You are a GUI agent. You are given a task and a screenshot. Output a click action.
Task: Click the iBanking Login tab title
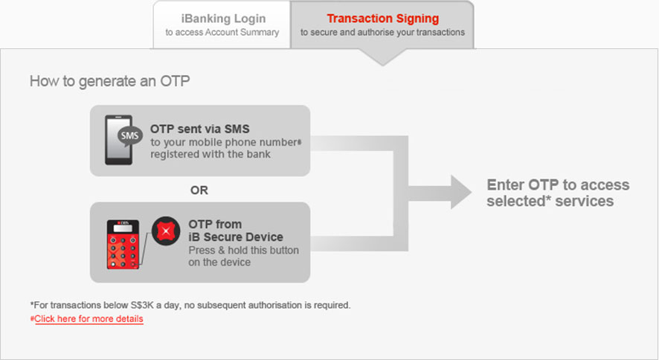coord(223,19)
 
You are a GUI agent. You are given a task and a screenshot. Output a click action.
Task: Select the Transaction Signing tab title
coord(383,19)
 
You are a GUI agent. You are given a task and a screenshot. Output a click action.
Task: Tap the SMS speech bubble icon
coord(129,136)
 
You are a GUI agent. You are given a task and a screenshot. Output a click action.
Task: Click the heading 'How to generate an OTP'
coord(109,81)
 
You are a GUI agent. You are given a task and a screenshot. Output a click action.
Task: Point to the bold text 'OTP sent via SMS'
coord(199,129)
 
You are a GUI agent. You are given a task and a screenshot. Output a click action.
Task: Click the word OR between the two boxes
coord(199,190)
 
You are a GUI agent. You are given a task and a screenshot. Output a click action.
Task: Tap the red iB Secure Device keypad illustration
coord(123,245)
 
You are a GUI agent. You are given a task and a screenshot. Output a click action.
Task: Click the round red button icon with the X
coord(166,231)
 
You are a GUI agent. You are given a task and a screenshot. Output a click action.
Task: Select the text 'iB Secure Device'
coord(236,237)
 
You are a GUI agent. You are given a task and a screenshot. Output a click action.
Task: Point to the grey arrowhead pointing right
coord(460,192)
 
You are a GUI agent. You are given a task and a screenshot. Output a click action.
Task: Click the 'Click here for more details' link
coord(89,319)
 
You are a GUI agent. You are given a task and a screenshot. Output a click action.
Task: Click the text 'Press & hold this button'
coord(244,251)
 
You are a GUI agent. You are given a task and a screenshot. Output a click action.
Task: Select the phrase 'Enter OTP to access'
coord(558,184)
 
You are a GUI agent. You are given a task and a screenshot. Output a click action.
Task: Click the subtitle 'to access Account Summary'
coord(222,32)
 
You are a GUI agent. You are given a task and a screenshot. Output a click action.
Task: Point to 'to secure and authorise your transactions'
coord(382,32)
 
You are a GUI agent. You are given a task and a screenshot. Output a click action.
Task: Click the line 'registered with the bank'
coord(210,155)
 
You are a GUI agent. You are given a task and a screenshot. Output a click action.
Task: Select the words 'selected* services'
coord(550,202)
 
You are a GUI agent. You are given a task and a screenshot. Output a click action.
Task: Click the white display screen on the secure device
coord(123,228)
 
